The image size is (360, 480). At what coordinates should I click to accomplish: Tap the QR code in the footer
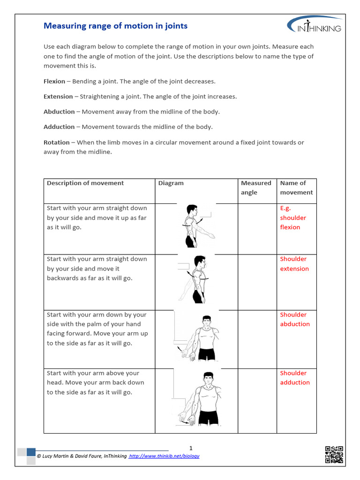(x=334, y=455)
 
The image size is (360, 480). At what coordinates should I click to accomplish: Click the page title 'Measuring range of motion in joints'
(x=115, y=26)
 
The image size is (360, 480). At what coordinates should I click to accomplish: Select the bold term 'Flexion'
(x=54, y=82)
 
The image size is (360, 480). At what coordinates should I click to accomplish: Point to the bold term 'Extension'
(x=58, y=97)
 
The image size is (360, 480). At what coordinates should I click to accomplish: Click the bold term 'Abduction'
(x=59, y=112)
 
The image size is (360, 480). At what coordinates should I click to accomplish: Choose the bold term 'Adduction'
(x=59, y=127)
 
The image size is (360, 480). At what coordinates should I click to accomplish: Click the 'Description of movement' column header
(x=85, y=183)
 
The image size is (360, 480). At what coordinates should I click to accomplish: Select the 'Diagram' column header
(x=171, y=183)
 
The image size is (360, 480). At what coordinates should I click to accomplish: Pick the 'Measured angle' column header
(x=256, y=187)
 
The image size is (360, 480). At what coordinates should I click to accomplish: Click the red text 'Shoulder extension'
(x=294, y=264)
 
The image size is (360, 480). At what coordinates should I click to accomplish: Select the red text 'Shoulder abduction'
(x=295, y=319)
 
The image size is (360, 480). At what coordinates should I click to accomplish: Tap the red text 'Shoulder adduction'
(x=295, y=378)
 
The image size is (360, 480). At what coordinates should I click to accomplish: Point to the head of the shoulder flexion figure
(x=192, y=210)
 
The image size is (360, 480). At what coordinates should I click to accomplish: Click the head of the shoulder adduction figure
(x=208, y=378)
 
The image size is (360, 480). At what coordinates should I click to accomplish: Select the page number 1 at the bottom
(x=191, y=448)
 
